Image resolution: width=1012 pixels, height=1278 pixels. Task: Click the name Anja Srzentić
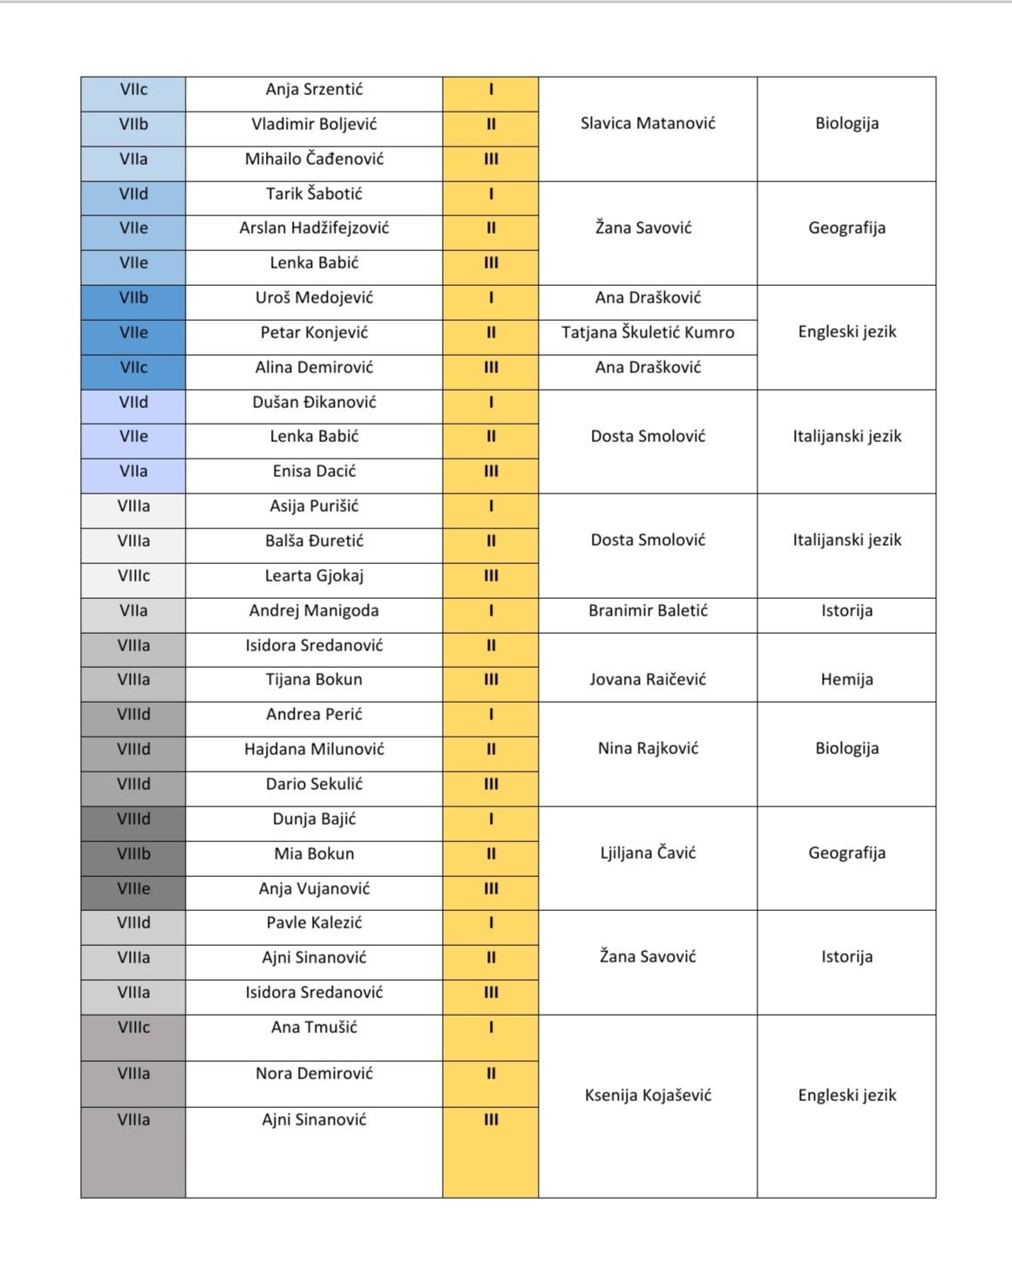314,90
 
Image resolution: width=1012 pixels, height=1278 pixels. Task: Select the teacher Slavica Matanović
648,124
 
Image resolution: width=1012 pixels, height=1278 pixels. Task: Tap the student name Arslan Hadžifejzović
314,228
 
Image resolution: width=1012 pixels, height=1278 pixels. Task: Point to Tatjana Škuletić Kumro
648,332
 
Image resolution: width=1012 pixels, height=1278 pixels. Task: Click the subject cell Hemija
846,680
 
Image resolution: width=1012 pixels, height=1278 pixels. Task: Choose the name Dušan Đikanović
314,403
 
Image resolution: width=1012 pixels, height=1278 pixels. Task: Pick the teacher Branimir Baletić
648,611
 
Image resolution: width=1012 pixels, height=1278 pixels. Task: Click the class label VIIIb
133,854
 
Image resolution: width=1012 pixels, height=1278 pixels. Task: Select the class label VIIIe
133,889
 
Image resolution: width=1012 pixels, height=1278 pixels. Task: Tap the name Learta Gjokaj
314,576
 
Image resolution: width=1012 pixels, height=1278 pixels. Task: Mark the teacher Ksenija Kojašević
648,1096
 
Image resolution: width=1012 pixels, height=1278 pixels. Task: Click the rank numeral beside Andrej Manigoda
491,611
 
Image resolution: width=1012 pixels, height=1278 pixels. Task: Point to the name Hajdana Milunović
314,750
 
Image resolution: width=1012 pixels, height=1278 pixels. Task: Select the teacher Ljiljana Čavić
648,853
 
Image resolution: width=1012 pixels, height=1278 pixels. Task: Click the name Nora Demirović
314,1074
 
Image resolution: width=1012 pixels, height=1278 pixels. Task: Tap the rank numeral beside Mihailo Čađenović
491,160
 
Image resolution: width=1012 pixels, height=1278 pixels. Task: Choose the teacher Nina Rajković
648,749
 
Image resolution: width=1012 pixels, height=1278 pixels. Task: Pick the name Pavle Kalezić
314,923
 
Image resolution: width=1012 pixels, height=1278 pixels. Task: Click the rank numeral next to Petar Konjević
491,333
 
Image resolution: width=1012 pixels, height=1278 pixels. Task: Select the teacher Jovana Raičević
648,680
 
